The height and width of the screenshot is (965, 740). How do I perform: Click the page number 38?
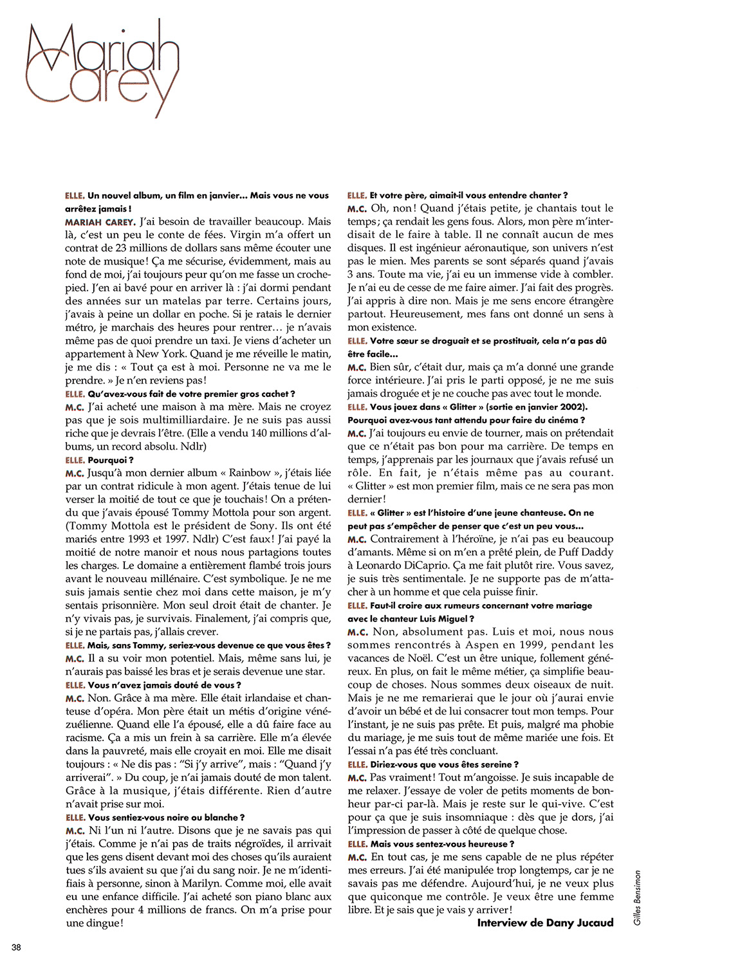point(16,947)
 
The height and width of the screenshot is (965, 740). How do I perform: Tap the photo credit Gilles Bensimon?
point(638,897)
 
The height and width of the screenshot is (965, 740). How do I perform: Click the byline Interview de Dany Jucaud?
point(545,923)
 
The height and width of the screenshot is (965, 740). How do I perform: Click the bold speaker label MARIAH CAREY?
point(100,222)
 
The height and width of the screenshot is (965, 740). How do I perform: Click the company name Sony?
point(262,526)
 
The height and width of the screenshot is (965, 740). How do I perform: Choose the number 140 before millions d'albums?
point(258,433)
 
